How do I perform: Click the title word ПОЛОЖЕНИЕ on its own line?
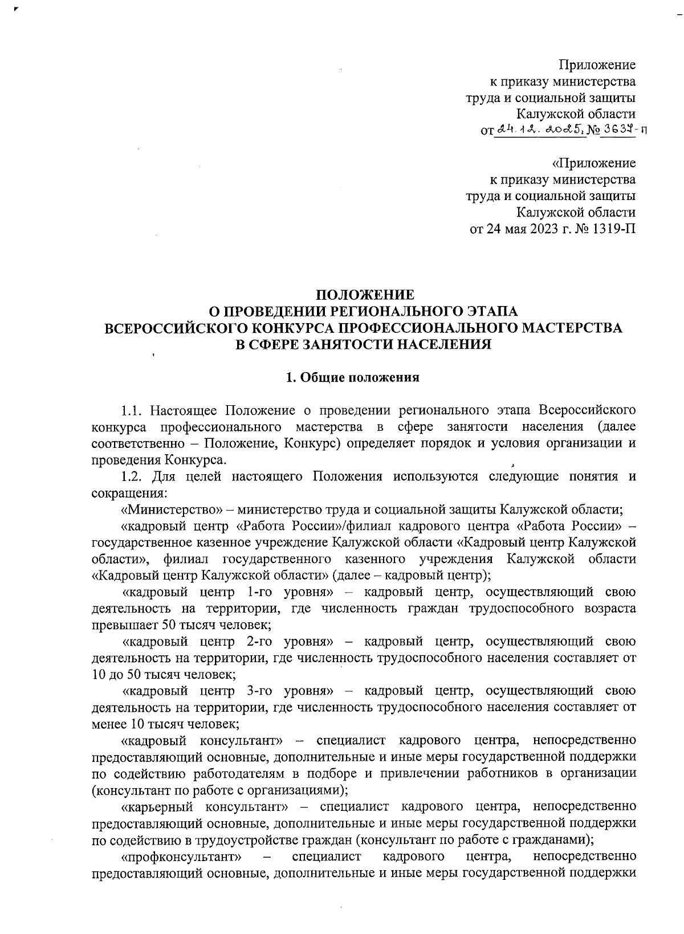365,295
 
